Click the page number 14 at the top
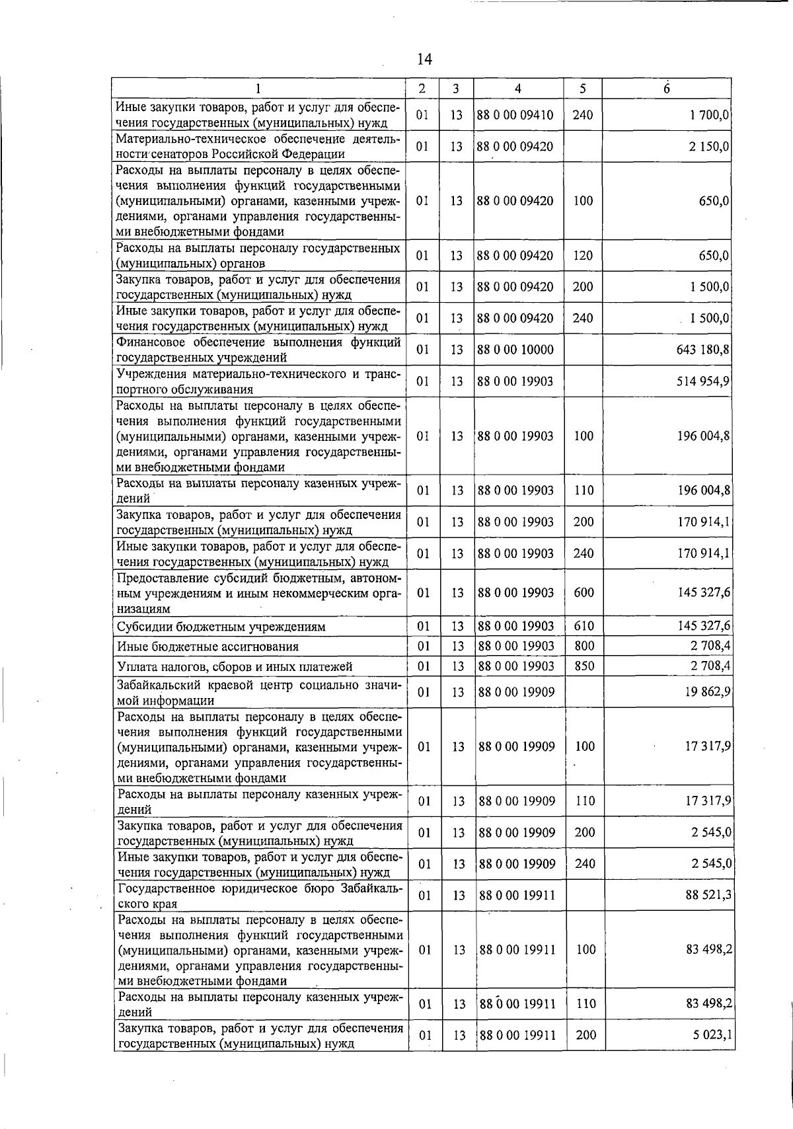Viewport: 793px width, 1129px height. pyautogui.click(x=424, y=59)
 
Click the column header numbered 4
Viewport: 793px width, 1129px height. pyautogui.click(x=517, y=89)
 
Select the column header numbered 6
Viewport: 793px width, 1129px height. pyautogui.click(x=667, y=89)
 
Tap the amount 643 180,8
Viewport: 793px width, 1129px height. pyautogui.click(x=702, y=350)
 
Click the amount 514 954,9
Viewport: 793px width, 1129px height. pyautogui.click(x=702, y=381)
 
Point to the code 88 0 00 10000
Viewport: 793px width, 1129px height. pyautogui.click(x=515, y=350)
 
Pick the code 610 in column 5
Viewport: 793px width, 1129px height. pyautogui.click(x=584, y=626)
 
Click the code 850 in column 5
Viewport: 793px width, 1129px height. pyautogui.click(x=584, y=666)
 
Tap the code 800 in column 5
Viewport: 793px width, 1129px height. pyautogui.click(x=584, y=646)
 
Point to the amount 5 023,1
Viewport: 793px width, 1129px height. pyautogui.click(x=710, y=1035)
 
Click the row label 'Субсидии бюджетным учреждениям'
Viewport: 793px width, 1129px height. pyautogui.click(x=221, y=627)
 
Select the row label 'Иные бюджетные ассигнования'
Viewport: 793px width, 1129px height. pyautogui.click(x=208, y=646)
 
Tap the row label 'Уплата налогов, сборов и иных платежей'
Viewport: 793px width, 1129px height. pyautogui.click(x=235, y=666)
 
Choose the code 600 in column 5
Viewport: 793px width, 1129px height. pyautogui.click(x=584, y=593)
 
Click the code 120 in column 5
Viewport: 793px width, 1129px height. pyautogui.click(x=583, y=256)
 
